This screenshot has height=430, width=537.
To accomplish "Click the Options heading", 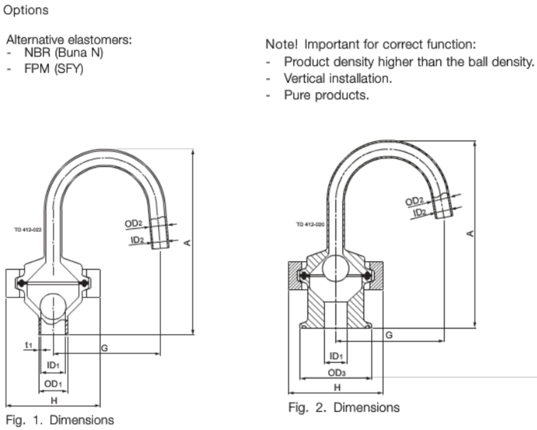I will tap(26, 10).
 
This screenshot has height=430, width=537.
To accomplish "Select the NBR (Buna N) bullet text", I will tap(64, 52).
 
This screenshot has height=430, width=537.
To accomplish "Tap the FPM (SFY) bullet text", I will tap(54, 69).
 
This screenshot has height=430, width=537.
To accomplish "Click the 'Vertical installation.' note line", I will tap(338, 79).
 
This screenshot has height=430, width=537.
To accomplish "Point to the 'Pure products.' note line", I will tap(326, 95).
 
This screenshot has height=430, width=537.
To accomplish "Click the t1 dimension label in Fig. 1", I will tap(28, 345).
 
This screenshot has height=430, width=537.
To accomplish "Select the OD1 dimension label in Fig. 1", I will tap(53, 384).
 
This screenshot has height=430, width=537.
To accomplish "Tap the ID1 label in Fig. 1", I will tap(53, 365).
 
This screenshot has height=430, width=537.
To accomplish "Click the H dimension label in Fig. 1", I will tap(54, 400).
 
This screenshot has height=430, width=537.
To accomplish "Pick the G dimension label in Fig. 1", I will tap(104, 348).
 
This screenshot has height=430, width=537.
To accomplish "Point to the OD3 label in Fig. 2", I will tap(337, 373).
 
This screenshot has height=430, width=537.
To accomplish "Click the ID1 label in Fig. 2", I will tap(336, 356).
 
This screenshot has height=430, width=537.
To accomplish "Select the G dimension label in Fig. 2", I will tap(389, 335).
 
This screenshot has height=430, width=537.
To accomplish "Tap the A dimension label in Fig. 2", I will tap(470, 234).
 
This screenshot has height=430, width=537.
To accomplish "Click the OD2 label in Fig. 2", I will tap(414, 201).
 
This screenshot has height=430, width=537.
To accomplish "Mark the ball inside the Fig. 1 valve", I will tap(53, 306).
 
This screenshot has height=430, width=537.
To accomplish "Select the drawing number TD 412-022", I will tap(28, 230).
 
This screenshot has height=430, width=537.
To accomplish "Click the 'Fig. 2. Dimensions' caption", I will tap(344, 407).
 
